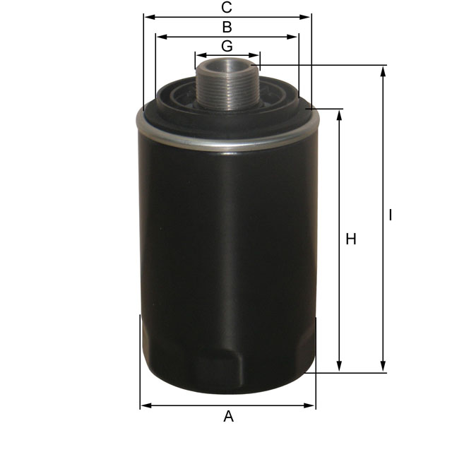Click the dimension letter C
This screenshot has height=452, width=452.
227,8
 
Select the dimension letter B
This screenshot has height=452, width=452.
227,28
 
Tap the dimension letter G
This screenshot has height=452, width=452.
227,46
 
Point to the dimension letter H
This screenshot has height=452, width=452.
351,239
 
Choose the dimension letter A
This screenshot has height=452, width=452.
228,417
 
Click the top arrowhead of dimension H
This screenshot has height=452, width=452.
340,114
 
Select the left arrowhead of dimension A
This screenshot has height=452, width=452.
145,405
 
